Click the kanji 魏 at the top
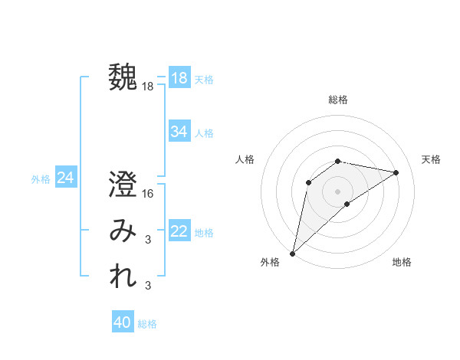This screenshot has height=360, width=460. pyautogui.click(x=123, y=77)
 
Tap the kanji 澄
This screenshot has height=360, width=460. pyautogui.click(x=123, y=185)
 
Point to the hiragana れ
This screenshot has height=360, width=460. pyautogui.click(x=123, y=277)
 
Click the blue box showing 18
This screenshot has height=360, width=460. pyautogui.click(x=179, y=78)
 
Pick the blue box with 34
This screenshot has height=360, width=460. pyautogui.click(x=179, y=132)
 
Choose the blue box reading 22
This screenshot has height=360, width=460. pyautogui.click(x=179, y=231)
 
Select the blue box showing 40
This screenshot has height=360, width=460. pyautogui.click(x=122, y=322)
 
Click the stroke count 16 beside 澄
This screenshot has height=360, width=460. pyautogui.click(x=148, y=195)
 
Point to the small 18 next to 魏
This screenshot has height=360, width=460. pyautogui.click(x=148, y=87)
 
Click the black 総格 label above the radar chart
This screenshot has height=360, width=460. pyautogui.click(x=337, y=100)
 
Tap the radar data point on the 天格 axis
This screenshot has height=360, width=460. pyautogui.click(x=396, y=172)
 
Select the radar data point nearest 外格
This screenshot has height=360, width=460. pyautogui.click(x=292, y=253)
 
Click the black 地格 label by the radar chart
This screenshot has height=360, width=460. pyautogui.click(x=402, y=262)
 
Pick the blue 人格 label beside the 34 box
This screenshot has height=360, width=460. pyautogui.click(x=204, y=133)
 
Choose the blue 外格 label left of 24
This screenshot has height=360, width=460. pyautogui.click(x=41, y=179)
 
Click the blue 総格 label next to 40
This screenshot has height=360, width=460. pyautogui.click(x=147, y=324)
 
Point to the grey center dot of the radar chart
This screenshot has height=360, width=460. pyautogui.click(x=337, y=191)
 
